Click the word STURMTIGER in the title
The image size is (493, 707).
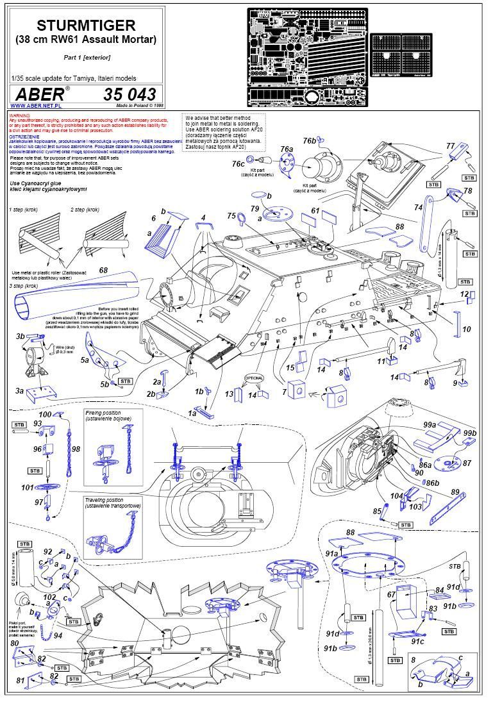pos(86,25)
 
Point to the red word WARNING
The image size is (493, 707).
pos(21,115)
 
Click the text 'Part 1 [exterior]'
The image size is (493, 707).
pos(87,57)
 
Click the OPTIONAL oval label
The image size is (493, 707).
pos(253,378)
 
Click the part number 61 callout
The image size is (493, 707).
pos(315,210)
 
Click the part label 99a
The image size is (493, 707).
pos(429,425)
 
